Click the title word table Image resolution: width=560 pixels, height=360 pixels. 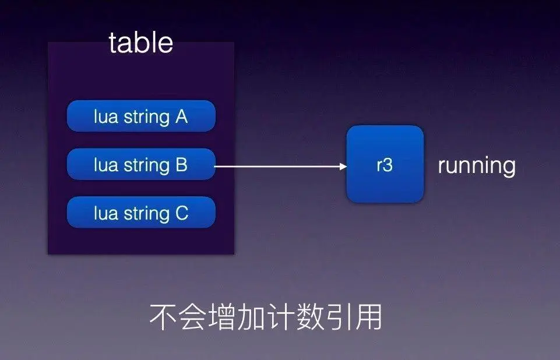(x=140, y=43)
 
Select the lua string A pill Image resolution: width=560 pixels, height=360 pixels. (x=141, y=117)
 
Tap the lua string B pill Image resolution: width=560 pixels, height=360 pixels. (x=141, y=165)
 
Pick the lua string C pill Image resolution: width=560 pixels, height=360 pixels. (x=141, y=213)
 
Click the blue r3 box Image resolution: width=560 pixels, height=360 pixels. (x=385, y=165)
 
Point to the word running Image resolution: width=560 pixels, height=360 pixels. (x=477, y=165)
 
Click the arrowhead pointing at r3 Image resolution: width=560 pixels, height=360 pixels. (x=343, y=167)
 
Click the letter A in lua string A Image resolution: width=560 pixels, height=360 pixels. (x=181, y=117)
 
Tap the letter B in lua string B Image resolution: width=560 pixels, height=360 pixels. (x=181, y=165)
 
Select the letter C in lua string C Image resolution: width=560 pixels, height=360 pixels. (x=181, y=213)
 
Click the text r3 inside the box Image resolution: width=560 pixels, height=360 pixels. (x=385, y=165)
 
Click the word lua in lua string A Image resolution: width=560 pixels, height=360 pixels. (x=105, y=117)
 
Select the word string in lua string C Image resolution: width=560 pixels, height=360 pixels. (x=146, y=214)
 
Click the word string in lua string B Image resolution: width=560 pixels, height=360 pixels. (x=146, y=165)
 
